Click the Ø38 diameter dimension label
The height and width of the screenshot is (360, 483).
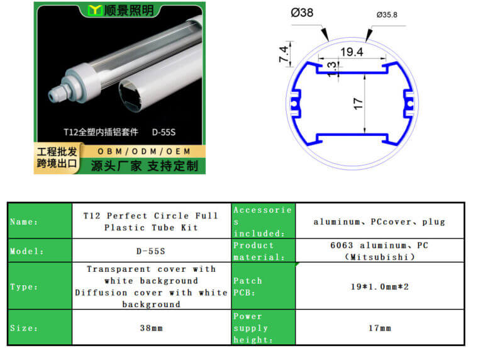tap(302, 13)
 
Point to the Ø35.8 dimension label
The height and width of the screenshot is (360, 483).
tap(387, 15)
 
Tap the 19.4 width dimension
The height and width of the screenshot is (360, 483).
tap(352, 52)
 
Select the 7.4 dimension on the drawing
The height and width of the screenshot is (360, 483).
tap(284, 54)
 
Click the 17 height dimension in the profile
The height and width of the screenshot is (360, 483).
tap(358, 104)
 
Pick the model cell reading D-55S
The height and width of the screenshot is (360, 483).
tap(151, 251)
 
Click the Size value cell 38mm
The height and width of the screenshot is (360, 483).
tap(151, 328)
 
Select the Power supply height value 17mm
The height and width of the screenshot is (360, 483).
tap(379, 328)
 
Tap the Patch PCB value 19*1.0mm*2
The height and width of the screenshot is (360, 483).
tap(379, 286)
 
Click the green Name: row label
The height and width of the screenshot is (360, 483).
tap(40, 222)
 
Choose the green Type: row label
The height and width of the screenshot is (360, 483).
tap(40, 286)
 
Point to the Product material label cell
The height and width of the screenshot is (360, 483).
tap(263, 251)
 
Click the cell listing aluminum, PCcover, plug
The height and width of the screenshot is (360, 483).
tap(379, 222)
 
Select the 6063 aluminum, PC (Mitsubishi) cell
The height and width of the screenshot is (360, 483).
tap(379, 251)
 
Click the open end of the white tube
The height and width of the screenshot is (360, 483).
tap(131, 94)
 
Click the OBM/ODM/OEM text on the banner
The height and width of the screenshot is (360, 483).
tap(144, 151)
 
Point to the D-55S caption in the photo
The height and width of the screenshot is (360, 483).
tap(164, 132)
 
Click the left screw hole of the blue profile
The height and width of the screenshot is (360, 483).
tap(294, 103)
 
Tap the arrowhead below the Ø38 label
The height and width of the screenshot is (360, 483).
tap(325, 34)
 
